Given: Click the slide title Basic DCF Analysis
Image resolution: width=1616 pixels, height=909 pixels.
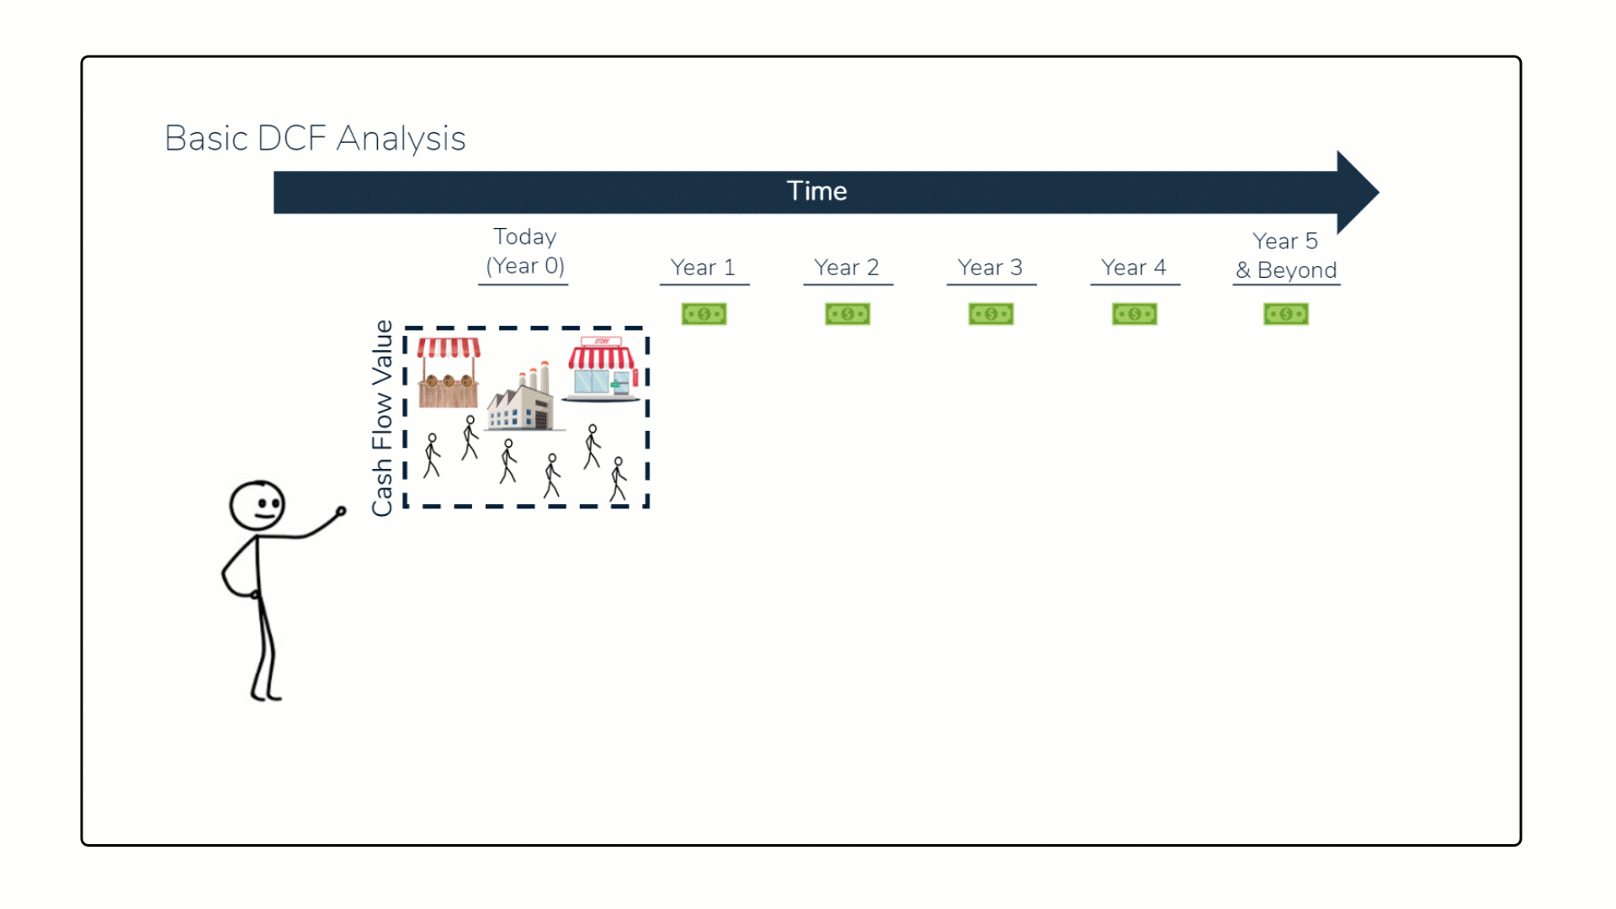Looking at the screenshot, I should coord(315,139).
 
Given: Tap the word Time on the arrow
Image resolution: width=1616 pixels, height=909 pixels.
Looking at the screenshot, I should coord(816,191).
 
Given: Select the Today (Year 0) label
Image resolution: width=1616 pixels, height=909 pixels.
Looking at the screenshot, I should coord(524,251).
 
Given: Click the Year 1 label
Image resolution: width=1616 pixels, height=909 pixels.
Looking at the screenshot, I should coord(703,268).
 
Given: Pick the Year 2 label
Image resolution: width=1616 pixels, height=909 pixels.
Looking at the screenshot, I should coord(846,268).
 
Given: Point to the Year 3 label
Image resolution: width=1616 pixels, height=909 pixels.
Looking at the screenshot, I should coord(990,268).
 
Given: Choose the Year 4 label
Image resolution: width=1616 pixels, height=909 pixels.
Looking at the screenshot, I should coord(1134,268).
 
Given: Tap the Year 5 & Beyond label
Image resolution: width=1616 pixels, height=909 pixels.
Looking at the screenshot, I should coord(1285,255).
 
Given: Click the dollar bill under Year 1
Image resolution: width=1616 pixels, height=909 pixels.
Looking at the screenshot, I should coord(704,314).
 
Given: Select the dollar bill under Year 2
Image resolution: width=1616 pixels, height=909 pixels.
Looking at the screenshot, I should coord(848,314).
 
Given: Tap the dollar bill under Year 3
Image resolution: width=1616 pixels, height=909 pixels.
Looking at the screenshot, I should coord(991,314).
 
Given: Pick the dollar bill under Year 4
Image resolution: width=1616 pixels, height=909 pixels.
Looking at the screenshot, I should coord(1135,314).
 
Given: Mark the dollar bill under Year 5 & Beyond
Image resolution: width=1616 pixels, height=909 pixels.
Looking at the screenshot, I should coord(1285,314).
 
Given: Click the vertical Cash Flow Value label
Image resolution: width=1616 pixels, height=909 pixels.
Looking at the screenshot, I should coord(382,417).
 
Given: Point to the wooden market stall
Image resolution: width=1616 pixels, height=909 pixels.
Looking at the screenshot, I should coord(449,373).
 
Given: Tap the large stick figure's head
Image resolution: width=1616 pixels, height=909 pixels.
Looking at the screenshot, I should coord(258,505).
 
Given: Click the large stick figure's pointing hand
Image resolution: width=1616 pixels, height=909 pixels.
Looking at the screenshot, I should coord(341,511).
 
